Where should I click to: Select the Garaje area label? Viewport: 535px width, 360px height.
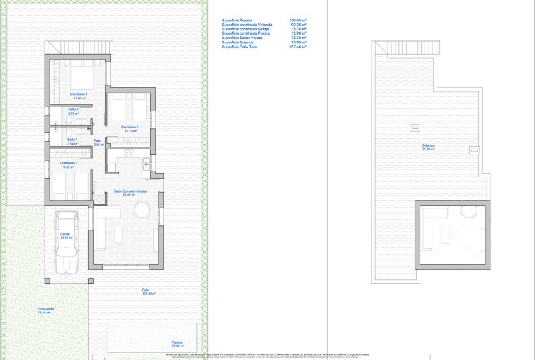coord(66,235)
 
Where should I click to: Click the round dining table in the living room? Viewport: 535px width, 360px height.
coord(142,209)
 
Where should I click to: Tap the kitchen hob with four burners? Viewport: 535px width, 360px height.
coord(128,152)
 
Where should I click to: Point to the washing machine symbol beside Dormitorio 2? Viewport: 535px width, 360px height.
coord(100,200)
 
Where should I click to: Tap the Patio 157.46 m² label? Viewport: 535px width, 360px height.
coord(149,291)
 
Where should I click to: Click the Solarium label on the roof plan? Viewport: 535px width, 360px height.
coord(429,147)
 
